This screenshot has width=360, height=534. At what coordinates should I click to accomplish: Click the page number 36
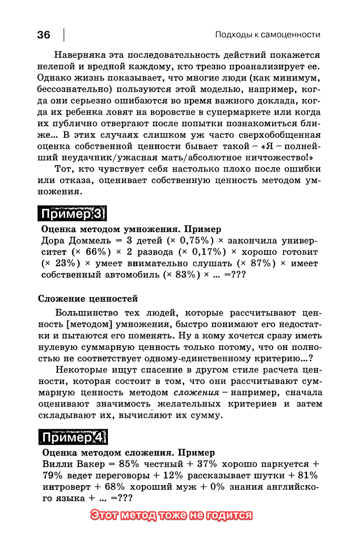tap(44, 35)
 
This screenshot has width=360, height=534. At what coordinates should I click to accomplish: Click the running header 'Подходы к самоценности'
tap(267, 35)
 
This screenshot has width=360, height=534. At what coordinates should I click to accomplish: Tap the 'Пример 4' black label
tap(73, 438)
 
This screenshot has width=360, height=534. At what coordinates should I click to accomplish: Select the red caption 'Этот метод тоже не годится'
tap(171, 515)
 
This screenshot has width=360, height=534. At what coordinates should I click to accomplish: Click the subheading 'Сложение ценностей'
tap(88, 299)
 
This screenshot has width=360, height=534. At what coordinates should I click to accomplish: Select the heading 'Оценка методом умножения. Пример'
tap(131, 229)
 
